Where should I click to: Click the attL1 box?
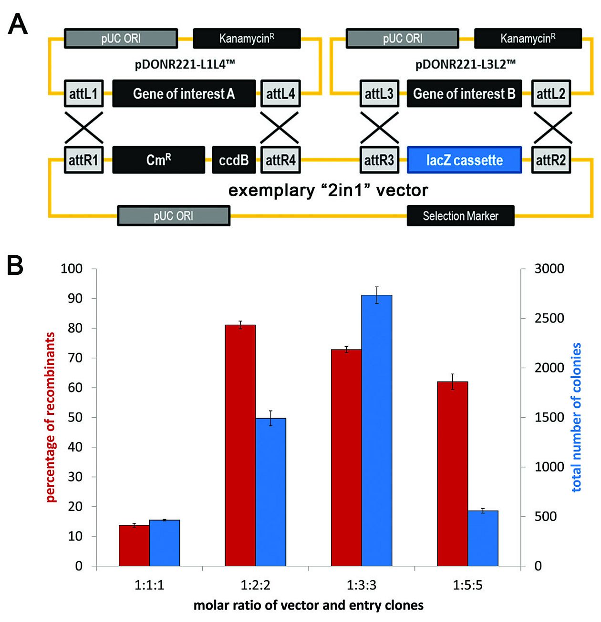click(83, 93)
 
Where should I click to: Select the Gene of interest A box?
click(184, 93)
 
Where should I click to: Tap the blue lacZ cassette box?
click(464, 160)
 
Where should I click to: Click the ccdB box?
click(233, 160)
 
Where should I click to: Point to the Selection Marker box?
click(460, 216)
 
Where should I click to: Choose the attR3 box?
click(379, 160)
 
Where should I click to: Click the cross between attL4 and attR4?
click(280, 127)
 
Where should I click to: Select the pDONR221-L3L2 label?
click(465, 64)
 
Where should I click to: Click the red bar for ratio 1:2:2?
click(240, 445)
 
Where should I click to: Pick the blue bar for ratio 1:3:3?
click(377, 431)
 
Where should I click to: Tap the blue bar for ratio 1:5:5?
click(483, 538)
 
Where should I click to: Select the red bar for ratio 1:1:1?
click(134, 545)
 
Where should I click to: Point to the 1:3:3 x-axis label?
click(362, 585)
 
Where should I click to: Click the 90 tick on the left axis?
click(76, 299)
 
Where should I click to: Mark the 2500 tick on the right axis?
click(549, 318)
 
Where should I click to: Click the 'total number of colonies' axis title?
click(577, 417)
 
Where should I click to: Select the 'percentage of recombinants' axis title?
click(51, 417)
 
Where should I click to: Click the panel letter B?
click(15, 266)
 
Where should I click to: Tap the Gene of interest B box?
click(464, 93)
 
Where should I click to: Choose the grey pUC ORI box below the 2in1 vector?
click(174, 216)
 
